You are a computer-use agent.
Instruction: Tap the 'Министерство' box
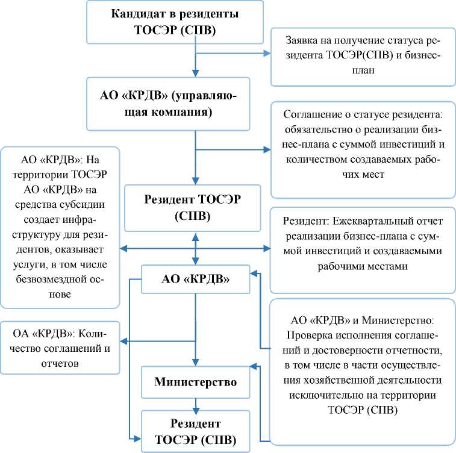click(195, 382)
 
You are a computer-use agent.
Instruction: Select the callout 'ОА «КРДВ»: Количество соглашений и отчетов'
click(60, 348)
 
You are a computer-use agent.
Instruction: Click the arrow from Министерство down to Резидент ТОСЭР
click(195, 403)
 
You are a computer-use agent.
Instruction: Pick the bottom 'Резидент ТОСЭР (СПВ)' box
click(195, 430)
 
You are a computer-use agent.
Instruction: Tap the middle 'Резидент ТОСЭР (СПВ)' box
click(195, 208)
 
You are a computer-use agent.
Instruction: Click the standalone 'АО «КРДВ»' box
click(195, 280)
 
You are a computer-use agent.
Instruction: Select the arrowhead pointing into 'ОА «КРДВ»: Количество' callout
click(124, 342)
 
